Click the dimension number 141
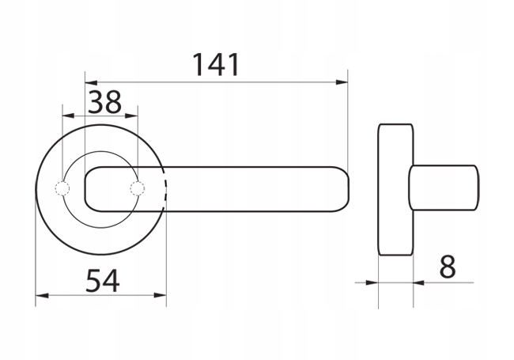pyautogui.click(x=216, y=64)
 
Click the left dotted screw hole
pyautogui.click(x=62, y=188)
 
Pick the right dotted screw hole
pyautogui.click(x=138, y=188)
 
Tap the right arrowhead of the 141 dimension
pyautogui.click(x=342, y=81)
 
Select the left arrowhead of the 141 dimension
pyautogui.click(x=90, y=81)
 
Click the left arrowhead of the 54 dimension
pyautogui.click(x=41, y=296)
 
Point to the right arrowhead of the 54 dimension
pyautogui.click(x=161, y=296)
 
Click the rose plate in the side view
pyautogui.click(x=395, y=189)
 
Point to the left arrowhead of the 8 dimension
pyautogui.click(x=373, y=282)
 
